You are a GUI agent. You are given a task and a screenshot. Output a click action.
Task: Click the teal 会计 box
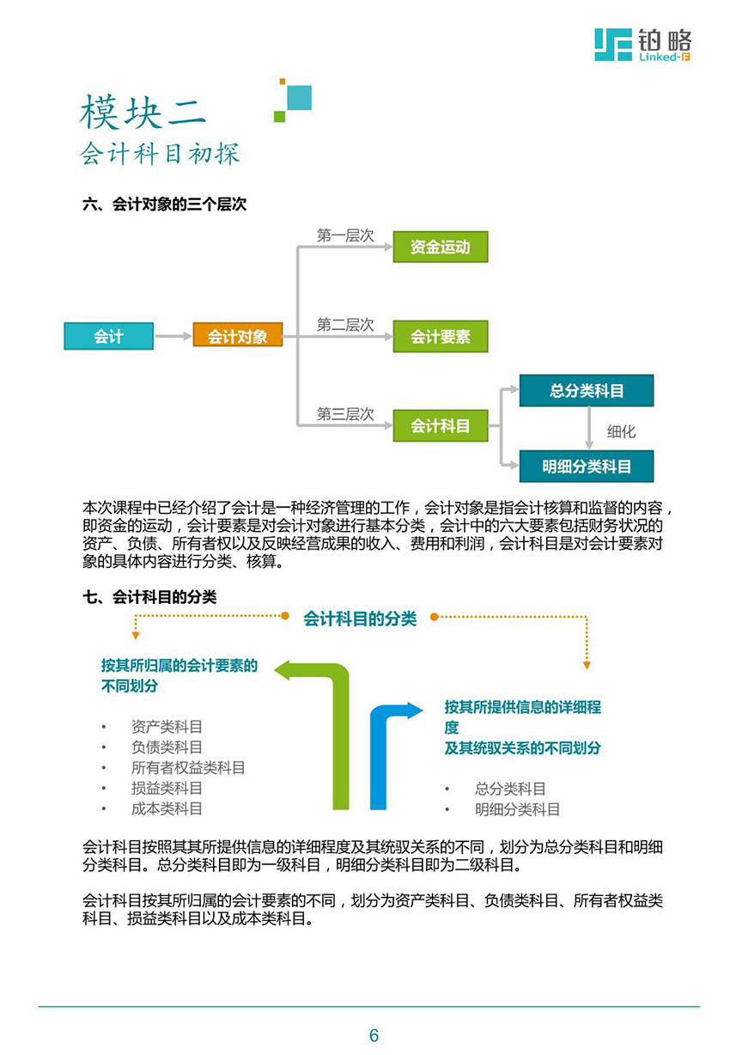109,336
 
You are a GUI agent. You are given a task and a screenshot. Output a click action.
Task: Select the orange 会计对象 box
238,335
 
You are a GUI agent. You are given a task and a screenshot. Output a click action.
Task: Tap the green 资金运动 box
441,247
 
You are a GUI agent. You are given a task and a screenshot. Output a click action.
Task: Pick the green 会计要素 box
441,336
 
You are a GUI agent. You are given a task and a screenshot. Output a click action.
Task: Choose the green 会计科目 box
441,426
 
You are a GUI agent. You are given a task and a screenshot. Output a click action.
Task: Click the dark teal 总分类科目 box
587,390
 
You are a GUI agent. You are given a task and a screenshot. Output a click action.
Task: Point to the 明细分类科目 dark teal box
587,467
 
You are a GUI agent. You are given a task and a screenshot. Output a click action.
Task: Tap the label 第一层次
345,235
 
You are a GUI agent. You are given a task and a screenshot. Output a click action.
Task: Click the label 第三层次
345,414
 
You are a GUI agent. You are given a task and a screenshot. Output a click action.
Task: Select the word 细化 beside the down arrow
621,431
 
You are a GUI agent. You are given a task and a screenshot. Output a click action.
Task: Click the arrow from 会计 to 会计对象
173,336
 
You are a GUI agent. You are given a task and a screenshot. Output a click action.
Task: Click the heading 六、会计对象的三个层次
164,204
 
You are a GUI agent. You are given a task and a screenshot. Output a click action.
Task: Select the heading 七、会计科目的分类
149,597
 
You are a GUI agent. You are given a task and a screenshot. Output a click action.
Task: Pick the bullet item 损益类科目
167,788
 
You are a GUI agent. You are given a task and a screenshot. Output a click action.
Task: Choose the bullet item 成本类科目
167,808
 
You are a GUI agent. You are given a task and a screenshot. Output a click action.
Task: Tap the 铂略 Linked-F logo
643,45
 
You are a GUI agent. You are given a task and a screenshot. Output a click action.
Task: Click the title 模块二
143,112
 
